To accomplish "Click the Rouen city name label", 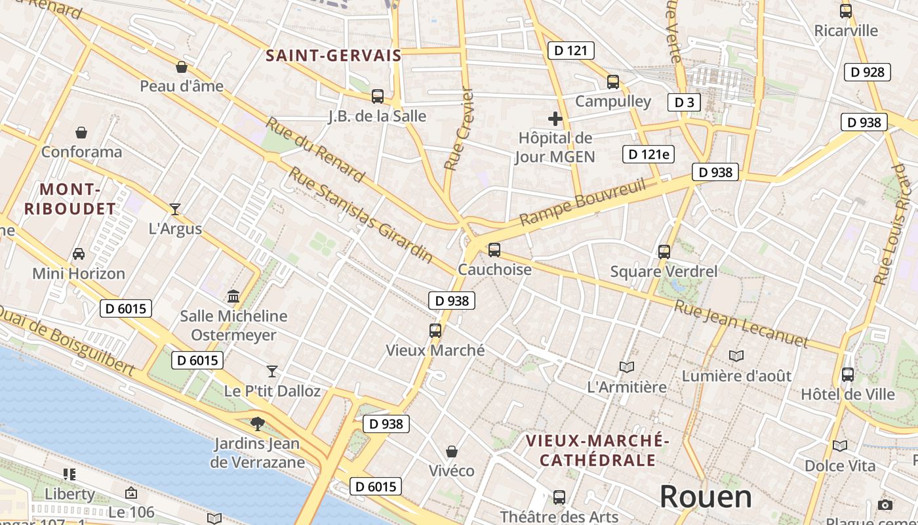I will tap(706, 497).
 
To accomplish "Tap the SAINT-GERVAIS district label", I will tap(333, 56).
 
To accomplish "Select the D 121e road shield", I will tap(649, 154).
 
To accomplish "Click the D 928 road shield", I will tap(867, 72).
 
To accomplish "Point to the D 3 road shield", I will tap(684, 102).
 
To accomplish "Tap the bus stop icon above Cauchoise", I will tap(494, 250).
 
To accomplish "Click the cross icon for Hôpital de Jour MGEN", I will tap(555, 119).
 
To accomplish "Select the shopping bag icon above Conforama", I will tap(81, 133).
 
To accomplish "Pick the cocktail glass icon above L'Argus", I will tap(174, 209).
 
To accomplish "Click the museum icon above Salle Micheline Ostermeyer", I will tap(233, 296).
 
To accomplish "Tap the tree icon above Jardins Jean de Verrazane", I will tap(257, 424).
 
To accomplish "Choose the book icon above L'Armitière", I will tap(627, 367).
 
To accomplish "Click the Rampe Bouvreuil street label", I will tap(582, 201).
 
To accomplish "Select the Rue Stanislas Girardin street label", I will tap(361, 215).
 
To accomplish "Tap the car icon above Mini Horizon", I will tap(79, 254).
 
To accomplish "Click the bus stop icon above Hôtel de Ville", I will tap(847, 375).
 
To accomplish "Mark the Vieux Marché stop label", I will tap(435, 350).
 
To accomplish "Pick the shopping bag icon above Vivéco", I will tap(451, 451).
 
